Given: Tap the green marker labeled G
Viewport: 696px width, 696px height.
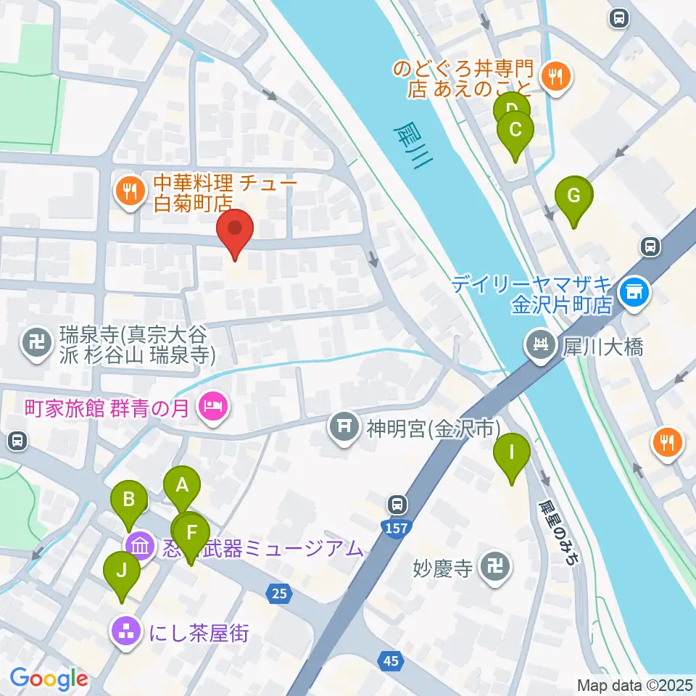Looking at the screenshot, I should [x=573, y=198].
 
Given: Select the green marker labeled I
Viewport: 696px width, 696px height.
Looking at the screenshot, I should [x=511, y=455].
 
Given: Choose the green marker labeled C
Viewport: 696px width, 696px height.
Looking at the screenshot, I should [x=515, y=133].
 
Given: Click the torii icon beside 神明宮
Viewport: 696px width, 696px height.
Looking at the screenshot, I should [x=342, y=426].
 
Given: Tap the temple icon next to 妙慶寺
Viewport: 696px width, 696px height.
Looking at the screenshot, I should [x=498, y=565].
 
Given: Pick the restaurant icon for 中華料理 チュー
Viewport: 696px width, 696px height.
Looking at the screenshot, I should [x=130, y=191].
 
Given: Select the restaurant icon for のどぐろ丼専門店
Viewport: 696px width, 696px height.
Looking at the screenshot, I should [x=557, y=76].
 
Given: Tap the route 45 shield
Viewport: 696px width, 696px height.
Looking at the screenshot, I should [x=391, y=660].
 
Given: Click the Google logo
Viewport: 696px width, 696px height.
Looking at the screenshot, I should [x=49, y=679].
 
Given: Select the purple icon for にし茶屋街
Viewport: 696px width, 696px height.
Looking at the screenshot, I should [x=127, y=633].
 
